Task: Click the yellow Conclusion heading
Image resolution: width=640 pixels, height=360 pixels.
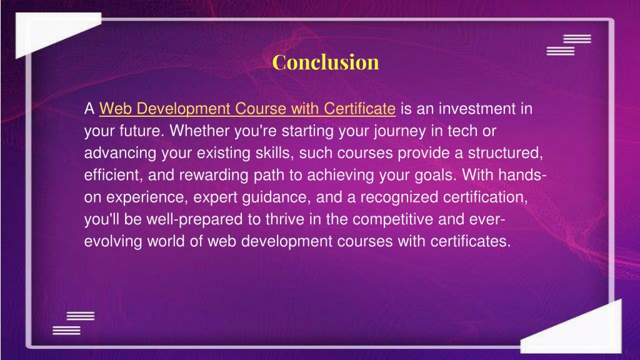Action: pos(325,62)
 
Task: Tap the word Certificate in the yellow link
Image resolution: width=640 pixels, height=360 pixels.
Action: pos(359,109)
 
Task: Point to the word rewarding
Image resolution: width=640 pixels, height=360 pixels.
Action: pos(214,176)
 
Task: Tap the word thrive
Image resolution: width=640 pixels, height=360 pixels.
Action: pos(285,219)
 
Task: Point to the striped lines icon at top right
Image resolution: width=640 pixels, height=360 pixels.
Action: pos(569,45)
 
